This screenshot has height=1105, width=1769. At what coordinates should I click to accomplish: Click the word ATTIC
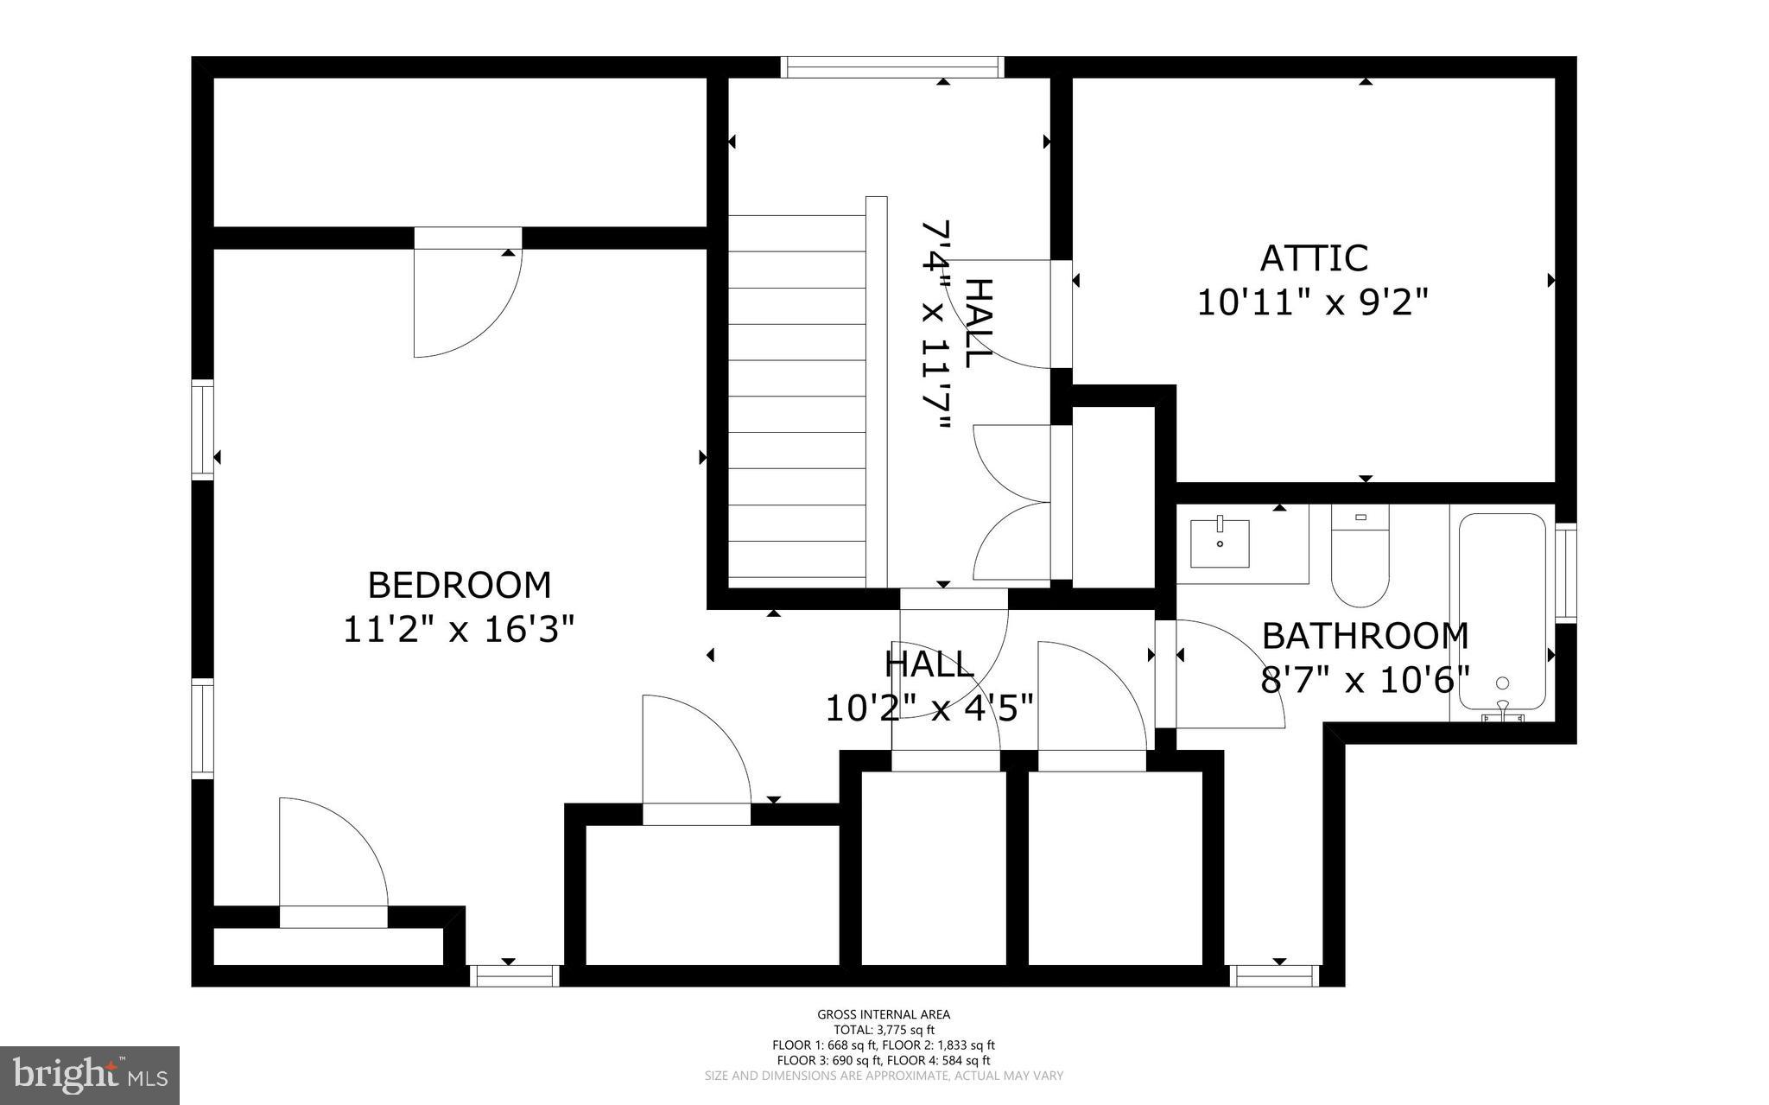(x=1314, y=258)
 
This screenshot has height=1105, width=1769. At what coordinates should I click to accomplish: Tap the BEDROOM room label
(x=459, y=585)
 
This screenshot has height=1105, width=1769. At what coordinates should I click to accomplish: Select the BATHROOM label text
(x=1365, y=636)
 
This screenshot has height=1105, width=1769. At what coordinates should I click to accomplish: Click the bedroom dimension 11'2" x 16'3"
(x=459, y=629)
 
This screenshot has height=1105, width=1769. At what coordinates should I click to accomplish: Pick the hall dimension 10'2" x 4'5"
(x=929, y=708)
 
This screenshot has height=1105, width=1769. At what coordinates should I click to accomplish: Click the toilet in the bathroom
(x=1360, y=557)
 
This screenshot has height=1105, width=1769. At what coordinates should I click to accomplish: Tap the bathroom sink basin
(x=1220, y=543)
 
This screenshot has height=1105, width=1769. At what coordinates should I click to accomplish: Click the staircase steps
(x=796, y=397)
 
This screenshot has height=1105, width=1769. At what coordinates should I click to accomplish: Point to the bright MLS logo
(x=90, y=1075)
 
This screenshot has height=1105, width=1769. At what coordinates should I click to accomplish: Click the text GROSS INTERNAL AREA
(x=884, y=1014)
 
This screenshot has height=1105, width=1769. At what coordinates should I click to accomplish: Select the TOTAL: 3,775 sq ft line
(x=884, y=1030)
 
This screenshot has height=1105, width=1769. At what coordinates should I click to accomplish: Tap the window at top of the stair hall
(x=892, y=67)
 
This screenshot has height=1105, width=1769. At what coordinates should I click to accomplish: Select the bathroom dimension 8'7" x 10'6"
(x=1365, y=680)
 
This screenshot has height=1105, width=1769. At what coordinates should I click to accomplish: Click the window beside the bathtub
(x=1565, y=571)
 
